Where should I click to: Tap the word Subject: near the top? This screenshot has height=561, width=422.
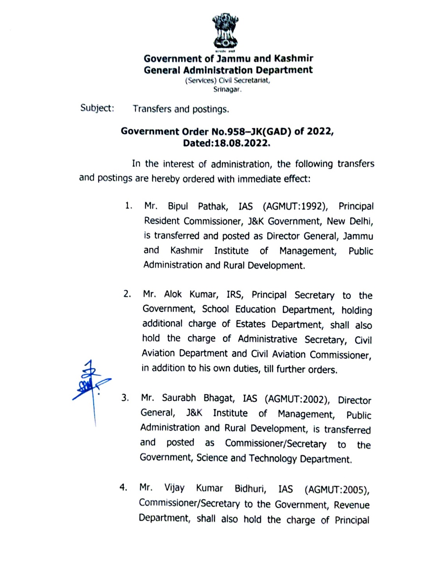[x=97, y=108]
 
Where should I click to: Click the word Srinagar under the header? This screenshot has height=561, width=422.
[x=227, y=89]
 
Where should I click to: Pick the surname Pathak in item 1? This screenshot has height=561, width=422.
[x=213, y=206]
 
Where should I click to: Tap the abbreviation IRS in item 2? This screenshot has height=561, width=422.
[x=234, y=295]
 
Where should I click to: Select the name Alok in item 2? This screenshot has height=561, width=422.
[x=173, y=294]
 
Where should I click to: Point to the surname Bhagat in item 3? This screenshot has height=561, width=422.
[x=219, y=398]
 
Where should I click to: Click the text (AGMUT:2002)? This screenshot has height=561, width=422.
[x=297, y=399]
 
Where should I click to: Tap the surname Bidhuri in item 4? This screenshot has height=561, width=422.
[x=250, y=489]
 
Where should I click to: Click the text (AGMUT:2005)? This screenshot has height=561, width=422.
[x=337, y=490]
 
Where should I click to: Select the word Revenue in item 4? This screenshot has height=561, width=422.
[x=351, y=505]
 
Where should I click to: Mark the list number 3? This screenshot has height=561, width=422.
[x=125, y=398]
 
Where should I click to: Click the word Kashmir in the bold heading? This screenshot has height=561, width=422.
[x=293, y=59]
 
